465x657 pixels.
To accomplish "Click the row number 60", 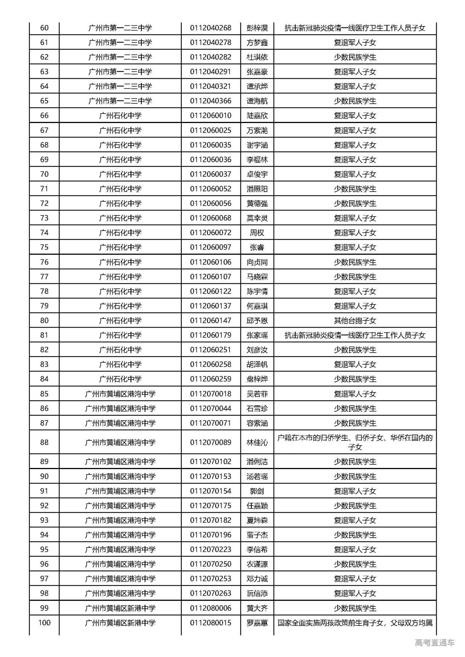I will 44,28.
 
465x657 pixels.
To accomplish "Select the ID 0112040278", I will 211,42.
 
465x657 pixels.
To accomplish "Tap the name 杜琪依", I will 257,57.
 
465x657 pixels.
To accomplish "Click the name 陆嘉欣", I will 257,116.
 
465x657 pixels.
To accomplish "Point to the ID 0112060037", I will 211,174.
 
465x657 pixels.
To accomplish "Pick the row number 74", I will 44,233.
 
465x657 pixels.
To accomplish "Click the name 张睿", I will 257,247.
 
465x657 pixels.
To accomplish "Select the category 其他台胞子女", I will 355,321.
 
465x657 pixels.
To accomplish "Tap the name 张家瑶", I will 257,335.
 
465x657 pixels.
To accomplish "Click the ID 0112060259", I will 211,379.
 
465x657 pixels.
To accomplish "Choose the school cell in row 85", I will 120,394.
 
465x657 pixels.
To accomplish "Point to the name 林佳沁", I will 257,443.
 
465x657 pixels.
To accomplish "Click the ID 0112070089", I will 211,443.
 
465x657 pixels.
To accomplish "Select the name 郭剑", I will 257,491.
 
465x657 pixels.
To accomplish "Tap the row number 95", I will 44,550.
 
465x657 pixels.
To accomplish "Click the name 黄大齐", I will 257,608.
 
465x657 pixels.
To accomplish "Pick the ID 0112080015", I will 211,623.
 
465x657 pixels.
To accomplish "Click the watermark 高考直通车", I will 434,643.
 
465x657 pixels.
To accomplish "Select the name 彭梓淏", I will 257,28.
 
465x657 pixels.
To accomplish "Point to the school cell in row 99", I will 120,608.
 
